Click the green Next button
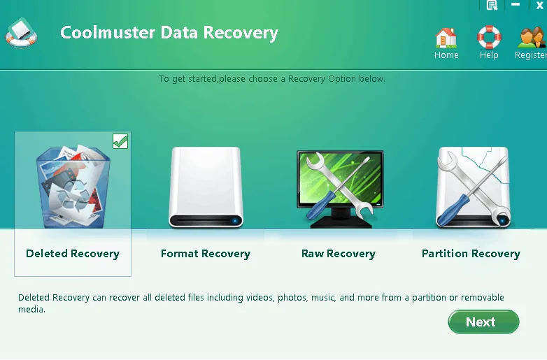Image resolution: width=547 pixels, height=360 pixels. [x=483, y=322]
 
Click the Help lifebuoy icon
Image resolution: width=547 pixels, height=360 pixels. [x=489, y=37]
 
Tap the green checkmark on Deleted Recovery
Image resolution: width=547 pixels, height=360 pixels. [x=120, y=141]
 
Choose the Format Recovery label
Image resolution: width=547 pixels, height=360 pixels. [x=205, y=254]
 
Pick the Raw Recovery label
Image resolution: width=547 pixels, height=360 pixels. [x=338, y=254]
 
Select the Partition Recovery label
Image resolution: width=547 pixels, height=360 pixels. [x=471, y=254]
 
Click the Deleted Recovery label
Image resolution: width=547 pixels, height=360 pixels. [x=73, y=254]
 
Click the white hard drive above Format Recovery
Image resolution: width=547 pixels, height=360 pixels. [x=206, y=187]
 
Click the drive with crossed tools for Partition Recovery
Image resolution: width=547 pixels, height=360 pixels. [x=473, y=187]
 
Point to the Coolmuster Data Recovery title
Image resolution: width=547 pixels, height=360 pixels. [x=169, y=33]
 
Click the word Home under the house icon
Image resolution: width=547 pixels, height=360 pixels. [x=446, y=55]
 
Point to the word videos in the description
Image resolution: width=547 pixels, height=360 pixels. [x=259, y=298]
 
